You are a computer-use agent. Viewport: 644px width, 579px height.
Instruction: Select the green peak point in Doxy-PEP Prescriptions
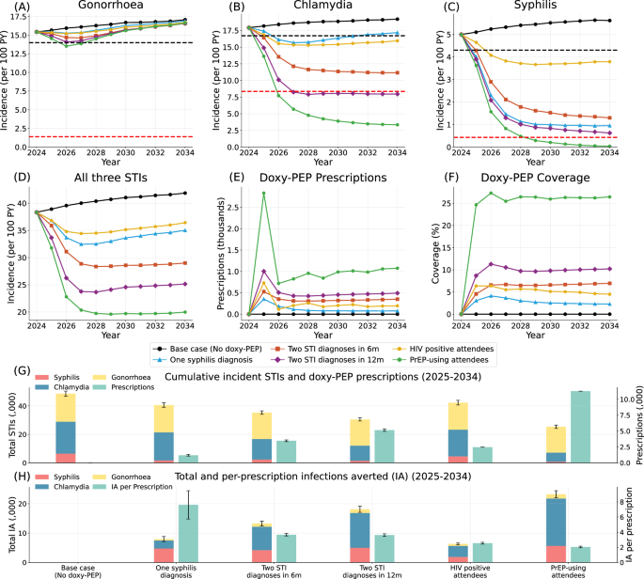tap(264, 193)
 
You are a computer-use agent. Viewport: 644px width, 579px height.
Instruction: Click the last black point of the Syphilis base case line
tap(609, 21)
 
